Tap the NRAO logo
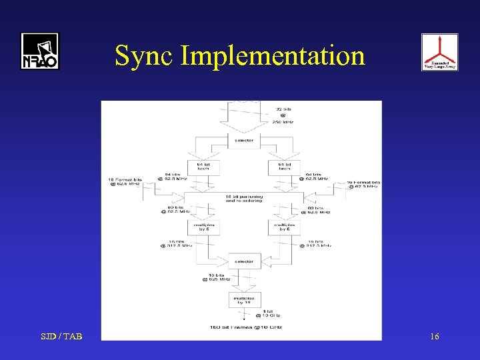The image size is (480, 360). pyautogui.click(x=39, y=51)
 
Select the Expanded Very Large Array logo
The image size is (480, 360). pyautogui.click(x=440, y=52)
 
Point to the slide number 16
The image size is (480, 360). pyautogui.click(x=434, y=337)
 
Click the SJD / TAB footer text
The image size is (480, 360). pyautogui.click(x=61, y=337)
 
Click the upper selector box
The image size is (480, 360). pyautogui.click(x=244, y=141)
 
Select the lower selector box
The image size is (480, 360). pyautogui.click(x=244, y=261)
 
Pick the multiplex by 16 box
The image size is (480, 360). pyautogui.click(x=244, y=299)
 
